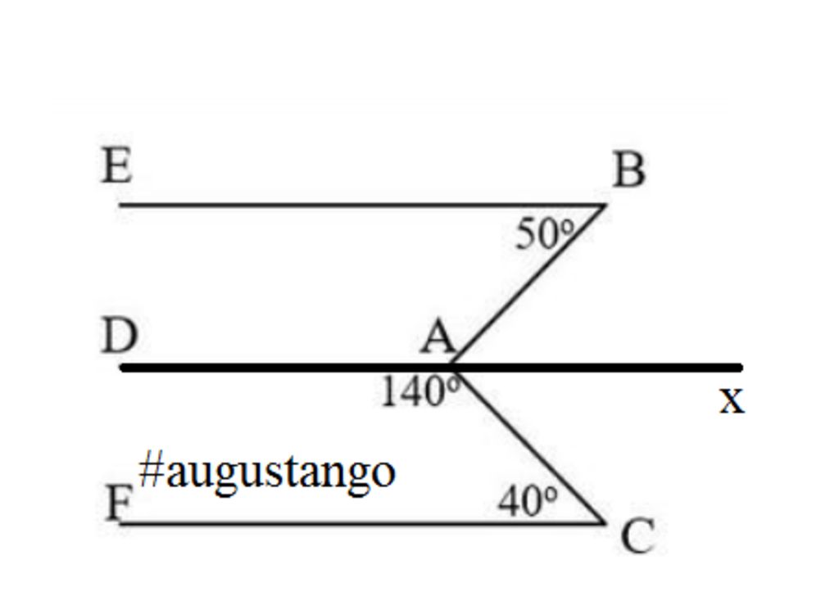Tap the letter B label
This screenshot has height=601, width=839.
click(x=628, y=171)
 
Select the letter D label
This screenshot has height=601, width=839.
click(x=119, y=336)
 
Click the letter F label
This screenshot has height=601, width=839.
click(x=119, y=503)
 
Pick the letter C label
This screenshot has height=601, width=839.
click(x=637, y=538)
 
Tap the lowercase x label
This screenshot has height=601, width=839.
click(x=732, y=401)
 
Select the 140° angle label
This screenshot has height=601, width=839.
click(x=419, y=392)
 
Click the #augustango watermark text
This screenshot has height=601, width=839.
click(x=267, y=472)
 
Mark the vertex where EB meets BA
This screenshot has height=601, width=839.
click(x=605, y=205)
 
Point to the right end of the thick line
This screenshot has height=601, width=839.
click(x=739, y=368)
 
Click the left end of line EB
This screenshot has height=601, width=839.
click(x=121, y=205)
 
